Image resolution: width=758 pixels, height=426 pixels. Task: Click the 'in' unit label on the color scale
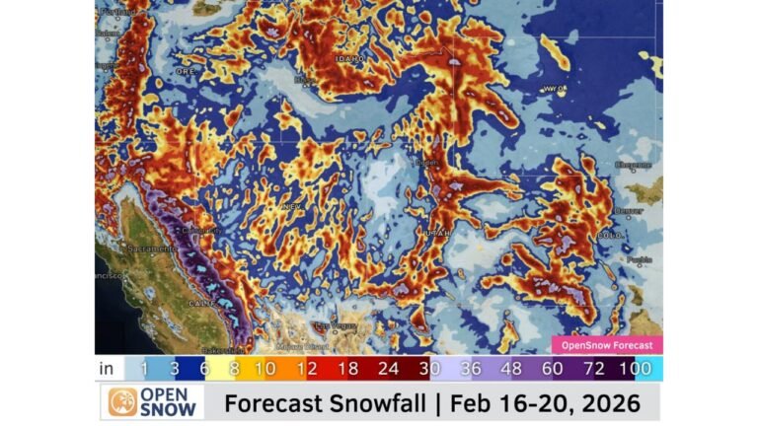[x=106, y=369]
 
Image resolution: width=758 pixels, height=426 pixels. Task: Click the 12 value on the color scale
[x=305, y=369]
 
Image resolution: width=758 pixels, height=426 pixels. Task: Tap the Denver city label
[x=628, y=210]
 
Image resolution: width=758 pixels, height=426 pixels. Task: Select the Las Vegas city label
[x=333, y=324]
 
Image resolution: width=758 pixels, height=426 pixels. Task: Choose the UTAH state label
[x=438, y=234]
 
